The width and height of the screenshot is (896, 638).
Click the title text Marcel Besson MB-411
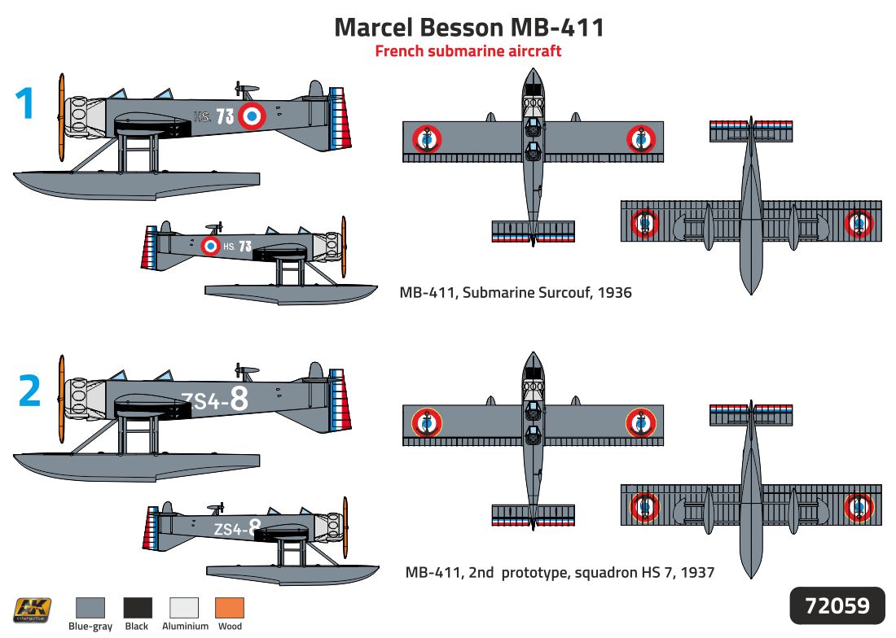(x=468, y=28)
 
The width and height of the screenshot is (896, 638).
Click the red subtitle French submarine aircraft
(x=468, y=51)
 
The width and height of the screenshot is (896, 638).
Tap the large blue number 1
(x=24, y=103)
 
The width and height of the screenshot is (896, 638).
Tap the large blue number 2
(x=29, y=391)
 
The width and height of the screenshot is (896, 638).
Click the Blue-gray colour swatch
(x=90, y=608)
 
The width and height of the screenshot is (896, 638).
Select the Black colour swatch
(x=138, y=608)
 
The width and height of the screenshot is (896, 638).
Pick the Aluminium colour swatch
(x=184, y=608)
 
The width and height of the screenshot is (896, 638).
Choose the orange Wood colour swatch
(x=230, y=608)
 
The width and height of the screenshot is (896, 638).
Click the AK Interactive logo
(x=32, y=610)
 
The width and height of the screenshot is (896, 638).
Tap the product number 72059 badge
(x=837, y=605)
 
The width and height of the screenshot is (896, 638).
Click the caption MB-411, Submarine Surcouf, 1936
(x=516, y=293)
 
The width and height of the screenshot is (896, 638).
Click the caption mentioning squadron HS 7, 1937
(x=560, y=572)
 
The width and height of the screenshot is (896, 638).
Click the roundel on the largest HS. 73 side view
(x=252, y=116)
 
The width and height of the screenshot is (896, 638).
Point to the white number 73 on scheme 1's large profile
(x=225, y=116)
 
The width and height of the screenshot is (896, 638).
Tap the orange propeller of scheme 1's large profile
(x=61, y=117)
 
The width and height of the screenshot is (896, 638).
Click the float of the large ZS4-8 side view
(x=137, y=468)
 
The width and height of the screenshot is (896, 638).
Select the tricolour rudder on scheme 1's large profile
(x=340, y=119)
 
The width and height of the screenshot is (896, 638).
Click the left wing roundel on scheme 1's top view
(x=427, y=139)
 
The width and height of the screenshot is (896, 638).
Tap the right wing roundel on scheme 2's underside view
(x=859, y=507)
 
